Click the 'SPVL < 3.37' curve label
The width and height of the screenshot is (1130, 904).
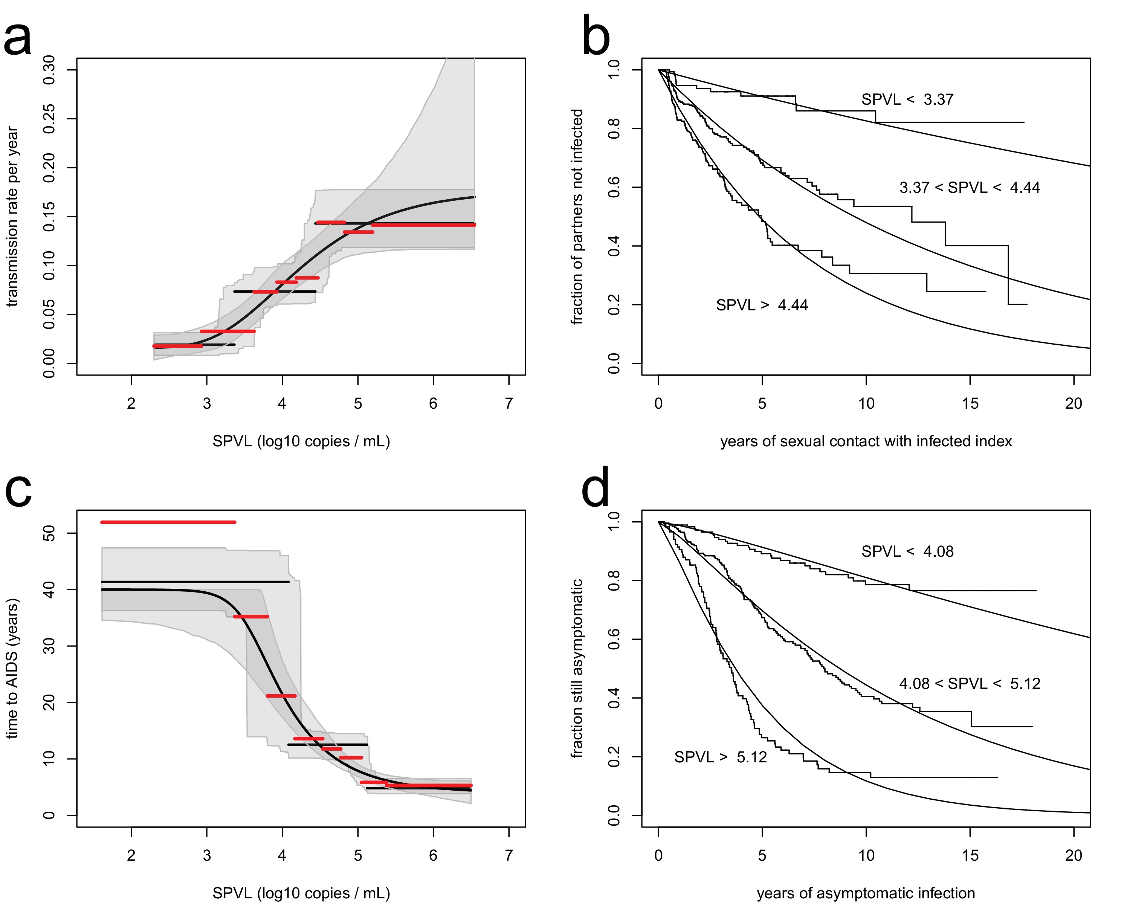(x=907, y=99)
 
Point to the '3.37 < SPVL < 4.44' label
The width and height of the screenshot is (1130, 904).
(x=969, y=188)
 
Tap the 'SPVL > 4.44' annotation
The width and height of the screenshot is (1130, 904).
(x=762, y=305)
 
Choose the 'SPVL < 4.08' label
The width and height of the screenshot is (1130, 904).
(x=907, y=551)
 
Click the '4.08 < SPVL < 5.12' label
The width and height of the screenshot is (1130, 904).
(x=969, y=683)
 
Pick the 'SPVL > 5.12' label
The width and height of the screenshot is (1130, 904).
(x=720, y=757)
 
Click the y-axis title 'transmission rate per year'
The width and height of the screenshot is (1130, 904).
(x=12, y=217)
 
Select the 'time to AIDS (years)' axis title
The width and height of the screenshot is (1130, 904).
(x=12, y=668)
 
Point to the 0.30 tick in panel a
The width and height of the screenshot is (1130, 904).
(x=49, y=70)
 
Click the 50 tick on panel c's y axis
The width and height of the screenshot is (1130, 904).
(x=49, y=533)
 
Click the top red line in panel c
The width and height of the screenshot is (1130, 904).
(x=168, y=522)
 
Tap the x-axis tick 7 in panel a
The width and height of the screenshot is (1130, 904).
(x=508, y=403)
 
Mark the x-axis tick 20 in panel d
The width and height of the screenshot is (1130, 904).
(x=1073, y=855)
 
